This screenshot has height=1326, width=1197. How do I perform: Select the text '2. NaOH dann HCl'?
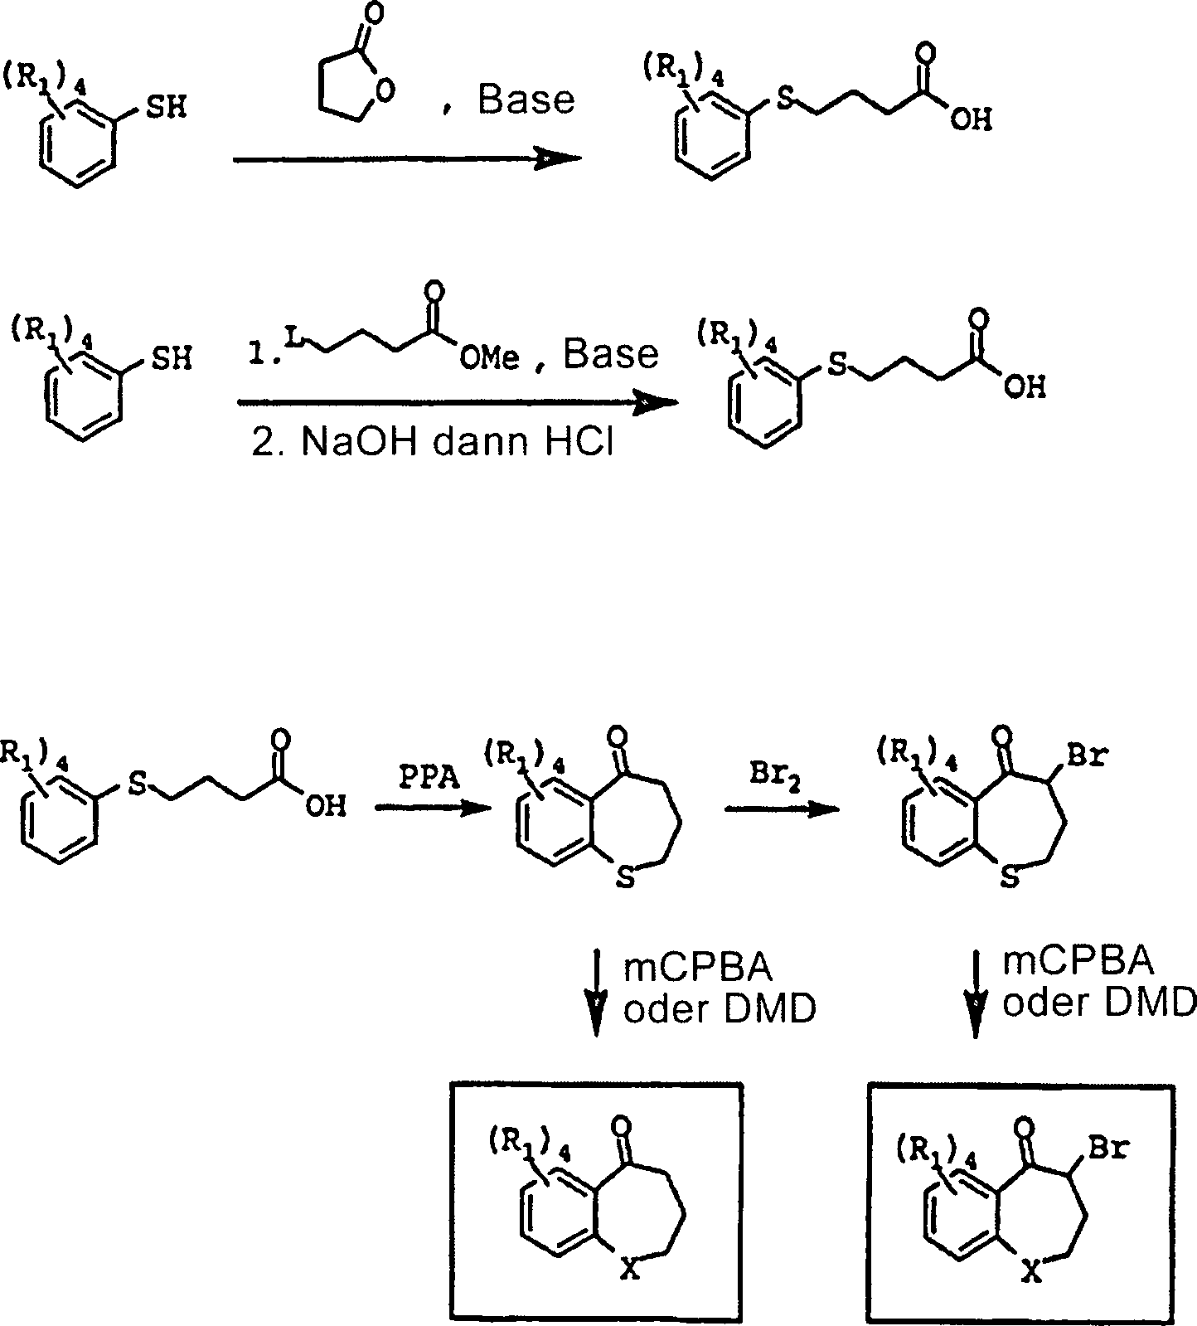[431, 443]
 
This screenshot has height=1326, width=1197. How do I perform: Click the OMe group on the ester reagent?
[489, 358]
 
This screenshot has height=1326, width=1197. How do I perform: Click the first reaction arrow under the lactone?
[406, 159]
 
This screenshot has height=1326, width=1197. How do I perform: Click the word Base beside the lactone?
[526, 100]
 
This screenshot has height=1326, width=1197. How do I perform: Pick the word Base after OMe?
[611, 354]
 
